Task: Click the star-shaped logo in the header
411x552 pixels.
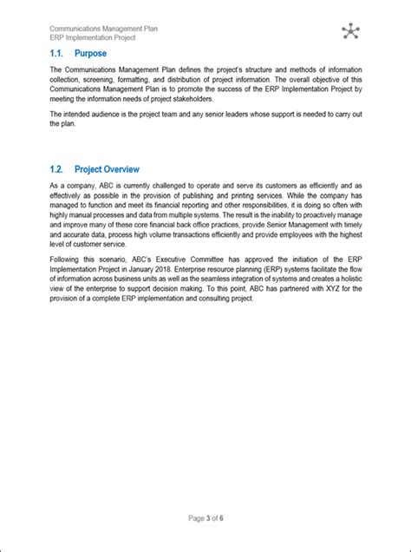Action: [x=349, y=32]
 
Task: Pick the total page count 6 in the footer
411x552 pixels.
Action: [x=223, y=519]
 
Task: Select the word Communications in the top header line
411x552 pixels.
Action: [x=77, y=29]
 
